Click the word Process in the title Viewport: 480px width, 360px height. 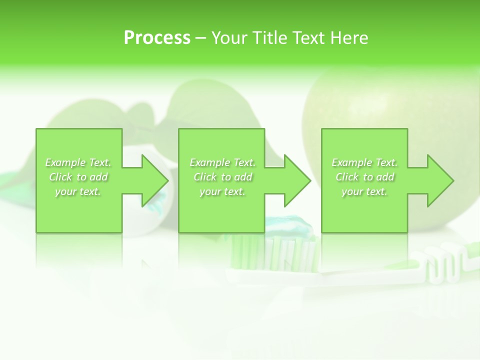157,37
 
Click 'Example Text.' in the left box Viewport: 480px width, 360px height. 78,162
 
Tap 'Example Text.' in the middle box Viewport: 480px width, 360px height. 222,162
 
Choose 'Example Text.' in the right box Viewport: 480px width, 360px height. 364,162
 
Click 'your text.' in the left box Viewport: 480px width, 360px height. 78,191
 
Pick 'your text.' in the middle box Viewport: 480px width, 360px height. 222,191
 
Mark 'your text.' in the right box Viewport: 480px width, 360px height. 364,191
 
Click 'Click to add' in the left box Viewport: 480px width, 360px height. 78,177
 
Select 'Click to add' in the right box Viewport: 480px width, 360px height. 364,177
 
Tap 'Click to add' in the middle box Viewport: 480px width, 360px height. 222,177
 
